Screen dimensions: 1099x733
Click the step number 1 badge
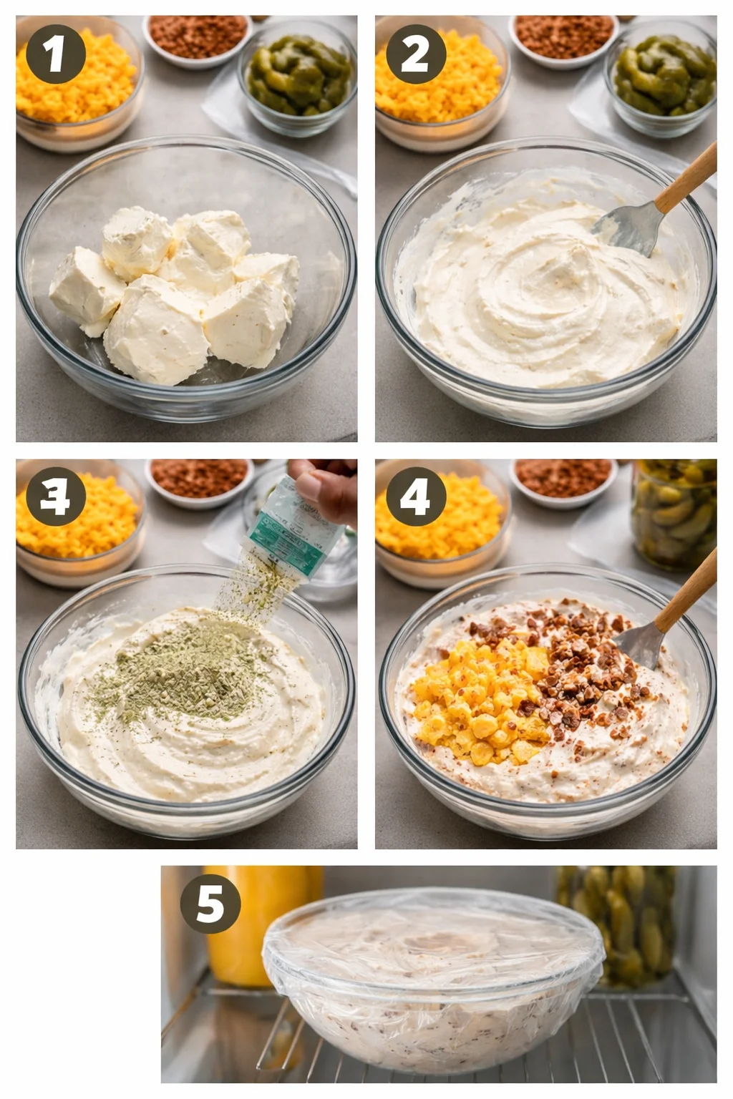56,54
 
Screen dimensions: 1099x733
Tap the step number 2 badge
416,54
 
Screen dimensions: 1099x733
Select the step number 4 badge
416,497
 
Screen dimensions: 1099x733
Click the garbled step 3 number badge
56,497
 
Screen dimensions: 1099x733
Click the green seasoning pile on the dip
179,676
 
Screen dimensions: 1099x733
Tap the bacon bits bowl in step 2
564,37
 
